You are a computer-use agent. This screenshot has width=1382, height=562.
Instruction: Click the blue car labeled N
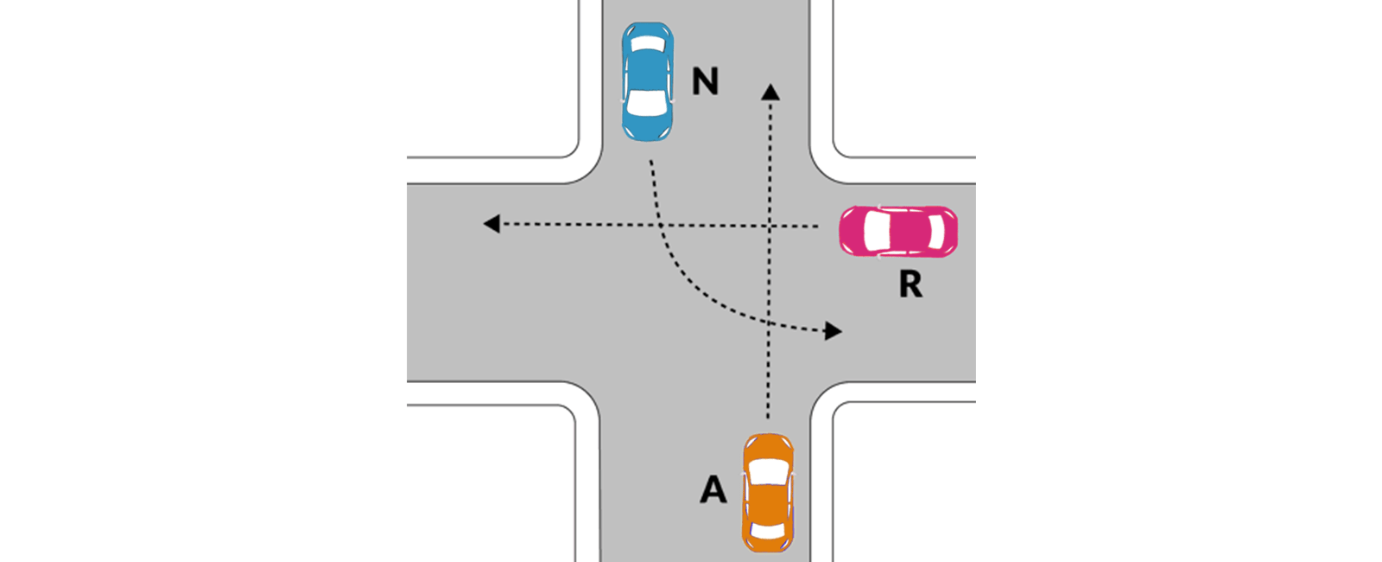coord(647,81)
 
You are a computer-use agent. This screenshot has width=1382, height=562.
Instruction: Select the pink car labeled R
coord(898,232)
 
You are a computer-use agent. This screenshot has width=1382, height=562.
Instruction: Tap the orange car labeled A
coord(768,493)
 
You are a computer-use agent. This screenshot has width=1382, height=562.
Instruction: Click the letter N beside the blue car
coord(705,81)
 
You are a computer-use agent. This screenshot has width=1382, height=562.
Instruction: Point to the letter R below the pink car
coord(910,284)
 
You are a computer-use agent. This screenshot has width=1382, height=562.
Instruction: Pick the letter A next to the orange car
coord(713,489)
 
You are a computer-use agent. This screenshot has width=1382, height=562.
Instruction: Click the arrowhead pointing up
coord(770,92)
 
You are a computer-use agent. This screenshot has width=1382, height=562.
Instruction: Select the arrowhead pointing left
coord(491,224)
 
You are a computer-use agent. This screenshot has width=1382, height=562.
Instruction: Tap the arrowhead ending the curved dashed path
coord(834,331)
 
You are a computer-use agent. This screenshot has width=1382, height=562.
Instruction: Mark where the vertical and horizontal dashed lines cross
coord(770,226)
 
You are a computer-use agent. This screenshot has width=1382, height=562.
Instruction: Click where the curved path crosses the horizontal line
coord(660,225)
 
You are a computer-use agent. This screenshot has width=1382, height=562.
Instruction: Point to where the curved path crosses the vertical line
coord(769,323)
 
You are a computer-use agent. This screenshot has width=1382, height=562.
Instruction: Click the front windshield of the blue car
coord(647,102)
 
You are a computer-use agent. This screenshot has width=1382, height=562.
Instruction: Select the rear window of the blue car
coord(648,43)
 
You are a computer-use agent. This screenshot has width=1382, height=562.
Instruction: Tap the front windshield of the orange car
coord(768,472)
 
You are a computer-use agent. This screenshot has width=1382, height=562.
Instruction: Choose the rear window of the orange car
coord(768,531)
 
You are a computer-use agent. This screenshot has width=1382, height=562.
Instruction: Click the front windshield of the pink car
coord(876,232)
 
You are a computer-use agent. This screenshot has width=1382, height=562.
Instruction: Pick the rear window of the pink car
coord(936,232)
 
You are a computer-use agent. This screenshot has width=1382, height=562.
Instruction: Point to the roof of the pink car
coord(908,232)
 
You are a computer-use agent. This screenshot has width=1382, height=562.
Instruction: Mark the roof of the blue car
coord(647,70)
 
